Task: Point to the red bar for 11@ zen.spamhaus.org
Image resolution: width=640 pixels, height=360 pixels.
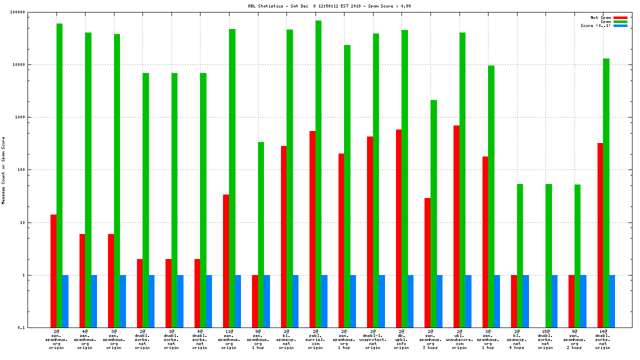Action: tap(226, 260)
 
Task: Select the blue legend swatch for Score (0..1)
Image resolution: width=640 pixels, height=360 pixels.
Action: tap(620, 25)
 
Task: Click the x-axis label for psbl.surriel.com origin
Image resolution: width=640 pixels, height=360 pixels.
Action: tap(315, 339)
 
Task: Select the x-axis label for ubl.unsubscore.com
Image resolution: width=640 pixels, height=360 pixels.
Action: tap(459, 339)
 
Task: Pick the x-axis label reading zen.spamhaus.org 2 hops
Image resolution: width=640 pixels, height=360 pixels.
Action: tap(574, 339)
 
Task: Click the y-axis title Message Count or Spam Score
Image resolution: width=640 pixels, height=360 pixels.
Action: tap(3, 170)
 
